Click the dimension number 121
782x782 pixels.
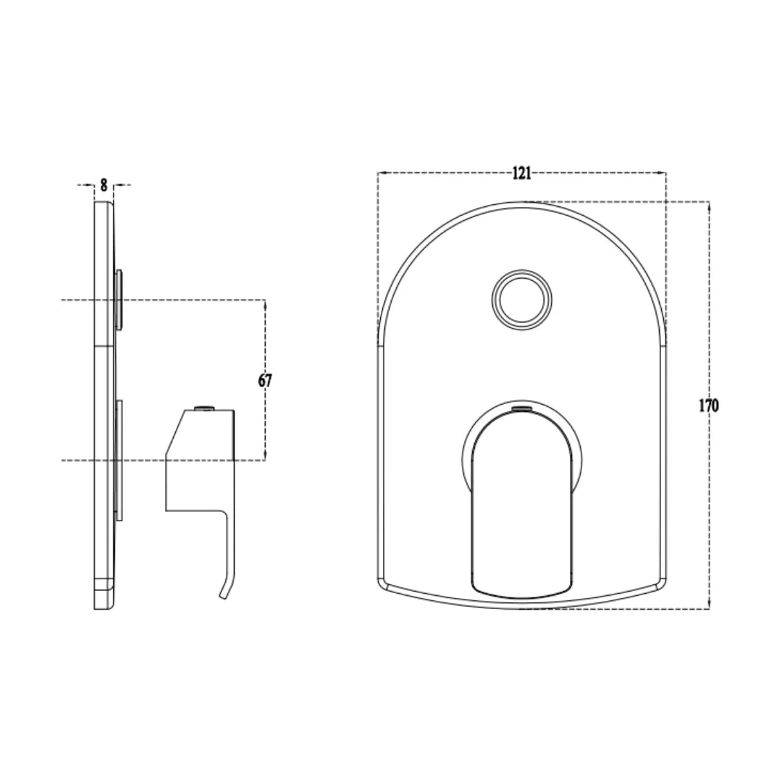point(521,173)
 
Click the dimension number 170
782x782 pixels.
point(708,405)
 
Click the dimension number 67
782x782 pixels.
point(265,380)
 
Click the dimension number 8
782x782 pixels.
point(104,185)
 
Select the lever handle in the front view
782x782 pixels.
point(521,507)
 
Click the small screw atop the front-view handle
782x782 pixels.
point(521,410)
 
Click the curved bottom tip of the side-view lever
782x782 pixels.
point(224,594)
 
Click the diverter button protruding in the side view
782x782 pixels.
point(119,300)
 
